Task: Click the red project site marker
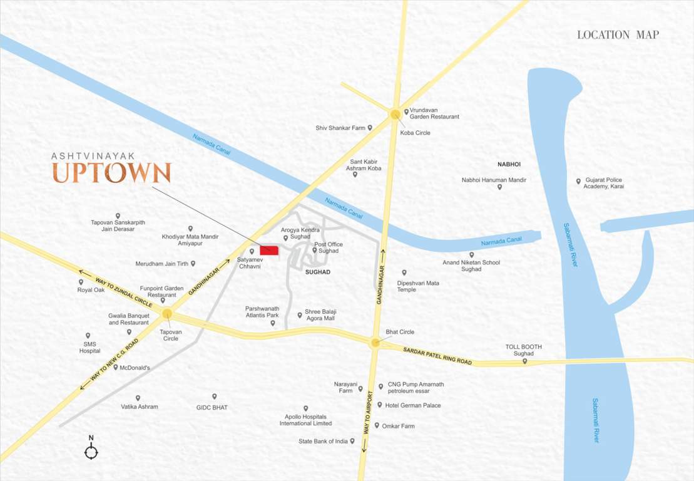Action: pos(269,250)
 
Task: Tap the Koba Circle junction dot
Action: pos(395,115)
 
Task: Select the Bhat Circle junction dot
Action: pos(375,343)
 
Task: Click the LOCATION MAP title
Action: pos(618,35)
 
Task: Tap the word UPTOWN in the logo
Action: pos(111,173)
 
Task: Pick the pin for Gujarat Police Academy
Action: pos(578,181)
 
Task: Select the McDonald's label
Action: pos(135,368)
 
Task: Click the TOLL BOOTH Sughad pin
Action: pos(524,361)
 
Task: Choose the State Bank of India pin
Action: pos(352,441)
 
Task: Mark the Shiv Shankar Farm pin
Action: pos(370,128)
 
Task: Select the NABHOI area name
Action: pos(509,164)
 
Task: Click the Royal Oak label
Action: pos(91,290)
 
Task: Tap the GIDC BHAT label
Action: pos(212,407)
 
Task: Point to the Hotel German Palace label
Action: pos(412,405)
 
